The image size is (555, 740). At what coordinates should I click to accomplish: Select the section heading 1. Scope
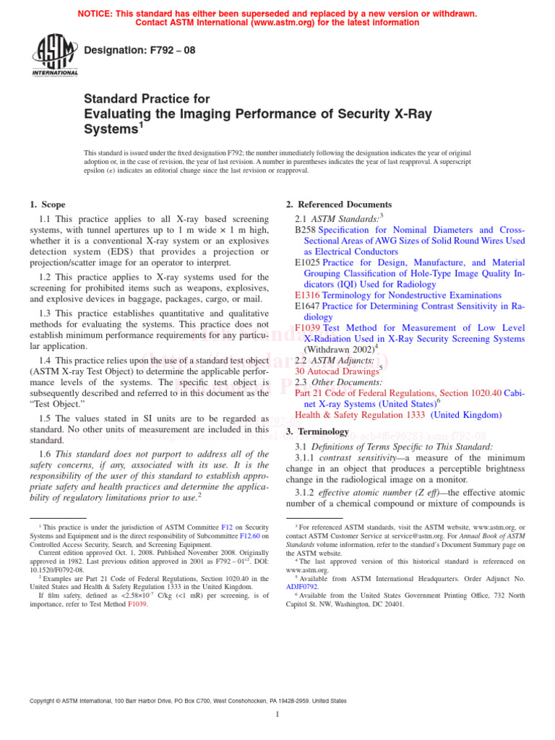pos(48,205)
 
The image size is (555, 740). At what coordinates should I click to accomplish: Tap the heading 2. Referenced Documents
pos(339,205)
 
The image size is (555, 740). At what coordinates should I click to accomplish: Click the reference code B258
pos(306,230)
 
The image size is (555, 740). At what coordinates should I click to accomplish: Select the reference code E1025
pos(308,262)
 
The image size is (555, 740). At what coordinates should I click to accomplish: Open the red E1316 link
pos(308,295)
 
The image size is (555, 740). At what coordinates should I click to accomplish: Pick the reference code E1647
pos(308,306)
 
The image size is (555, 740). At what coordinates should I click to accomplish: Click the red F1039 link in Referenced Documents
pos(308,327)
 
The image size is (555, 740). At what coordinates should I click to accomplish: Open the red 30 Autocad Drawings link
pos(337,371)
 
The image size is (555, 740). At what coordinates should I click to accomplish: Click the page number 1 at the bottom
pos(277,715)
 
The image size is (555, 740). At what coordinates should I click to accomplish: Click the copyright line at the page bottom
pos(187,700)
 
